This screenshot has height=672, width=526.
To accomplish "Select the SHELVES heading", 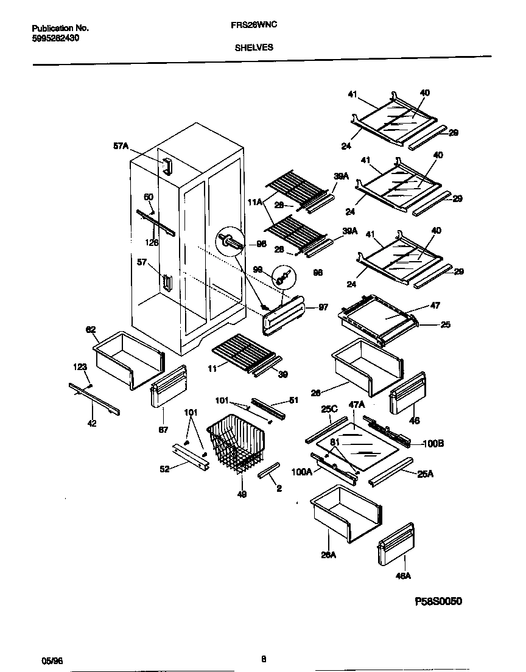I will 254,46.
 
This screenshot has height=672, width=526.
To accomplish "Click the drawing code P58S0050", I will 438,601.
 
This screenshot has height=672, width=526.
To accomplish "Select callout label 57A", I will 121,146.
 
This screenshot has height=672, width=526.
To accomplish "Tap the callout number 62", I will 91,329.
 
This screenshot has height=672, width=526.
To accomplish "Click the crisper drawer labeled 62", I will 128,359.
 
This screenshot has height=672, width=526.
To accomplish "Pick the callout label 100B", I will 433,444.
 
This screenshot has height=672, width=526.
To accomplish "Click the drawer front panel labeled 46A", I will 395,544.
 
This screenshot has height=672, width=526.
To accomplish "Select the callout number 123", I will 80,367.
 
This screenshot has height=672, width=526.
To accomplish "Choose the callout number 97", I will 323,308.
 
